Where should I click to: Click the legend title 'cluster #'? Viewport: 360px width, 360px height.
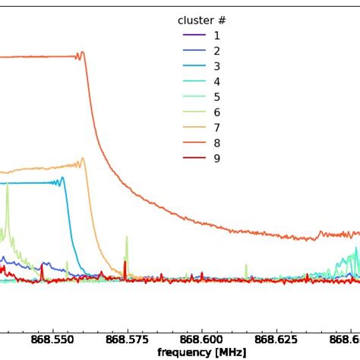pyautogui.click(x=201, y=21)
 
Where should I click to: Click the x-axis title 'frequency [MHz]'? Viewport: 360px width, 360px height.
pyautogui.click(x=201, y=352)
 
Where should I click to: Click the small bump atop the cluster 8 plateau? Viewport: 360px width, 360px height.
pyautogui.click(x=82, y=52)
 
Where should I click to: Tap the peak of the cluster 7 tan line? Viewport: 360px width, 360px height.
pyautogui.click(x=82, y=159)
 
